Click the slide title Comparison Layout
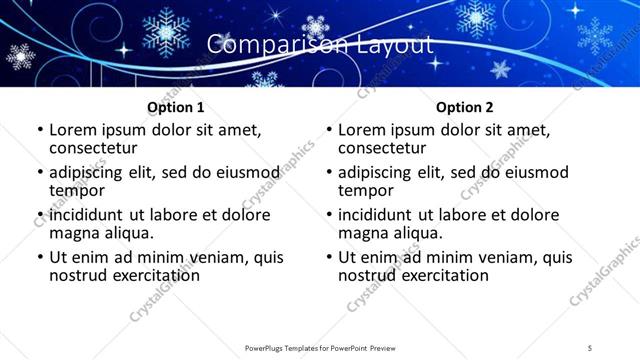(x=320, y=45)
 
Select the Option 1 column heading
(x=176, y=106)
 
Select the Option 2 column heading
(x=465, y=106)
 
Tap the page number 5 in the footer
(x=591, y=347)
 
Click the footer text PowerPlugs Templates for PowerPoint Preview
(x=320, y=347)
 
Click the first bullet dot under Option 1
(x=39, y=130)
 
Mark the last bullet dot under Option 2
(x=328, y=256)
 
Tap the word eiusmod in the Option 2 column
(x=533, y=172)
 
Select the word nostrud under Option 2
(x=370, y=274)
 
